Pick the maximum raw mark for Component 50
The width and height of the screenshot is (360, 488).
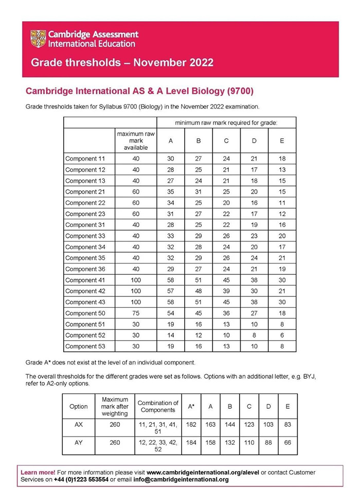pos(136,313)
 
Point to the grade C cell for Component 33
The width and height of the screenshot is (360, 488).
pos(226,236)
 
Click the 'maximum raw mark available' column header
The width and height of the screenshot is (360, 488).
pos(136,141)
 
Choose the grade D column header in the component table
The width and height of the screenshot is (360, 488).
pos(254,141)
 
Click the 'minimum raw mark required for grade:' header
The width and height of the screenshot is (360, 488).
pos(226,123)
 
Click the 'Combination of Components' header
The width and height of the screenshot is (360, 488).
pos(158,407)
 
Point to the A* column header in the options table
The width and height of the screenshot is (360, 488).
pos(191,407)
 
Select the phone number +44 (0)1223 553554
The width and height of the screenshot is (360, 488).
pos(81,479)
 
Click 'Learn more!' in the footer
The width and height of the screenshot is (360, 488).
pos(37,472)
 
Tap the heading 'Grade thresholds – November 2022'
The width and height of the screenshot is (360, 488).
pos(122,63)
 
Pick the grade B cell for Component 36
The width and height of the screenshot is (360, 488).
pos(199,269)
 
